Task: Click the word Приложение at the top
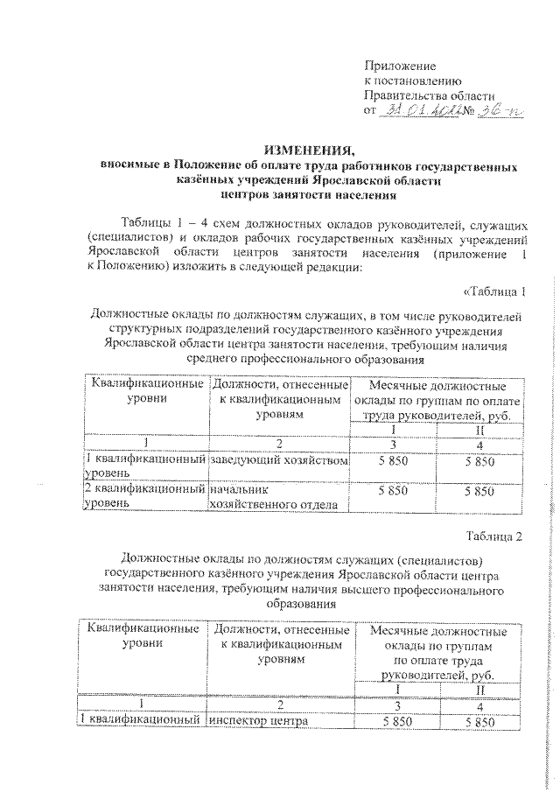click(400, 67)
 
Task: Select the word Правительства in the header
click(405, 95)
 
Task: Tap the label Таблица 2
click(494, 536)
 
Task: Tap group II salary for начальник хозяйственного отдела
click(479, 492)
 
